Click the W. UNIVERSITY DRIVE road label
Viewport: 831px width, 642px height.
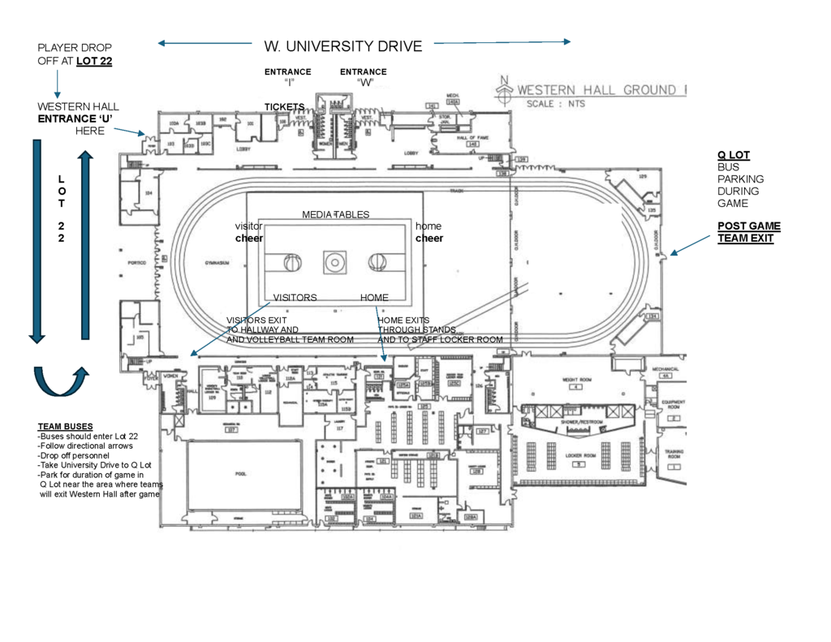[x=343, y=46]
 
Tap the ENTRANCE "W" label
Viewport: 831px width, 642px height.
[x=364, y=77]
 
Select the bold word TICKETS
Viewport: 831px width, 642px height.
[x=284, y=107]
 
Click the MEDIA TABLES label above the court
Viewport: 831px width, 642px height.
[x=335, y=214]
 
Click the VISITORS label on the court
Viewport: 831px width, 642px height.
[x=295, y=298]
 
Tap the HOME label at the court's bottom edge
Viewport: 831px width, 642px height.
[x=374, y=298]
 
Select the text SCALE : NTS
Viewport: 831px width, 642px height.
[x=556, y=104]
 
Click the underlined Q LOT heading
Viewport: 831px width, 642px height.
[x=733, y=155]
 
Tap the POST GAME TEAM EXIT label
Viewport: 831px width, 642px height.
[x=748, y=232]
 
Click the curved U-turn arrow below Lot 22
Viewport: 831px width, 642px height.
[x=58, y=381]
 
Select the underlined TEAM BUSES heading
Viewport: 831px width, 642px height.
[x=65, y=426]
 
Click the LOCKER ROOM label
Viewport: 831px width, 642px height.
[x=579, y=457]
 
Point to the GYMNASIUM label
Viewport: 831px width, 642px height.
[x=214, y=264]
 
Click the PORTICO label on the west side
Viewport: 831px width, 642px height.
[x=136, y=264]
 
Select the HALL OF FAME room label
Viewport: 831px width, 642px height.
[x=471, y=139]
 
